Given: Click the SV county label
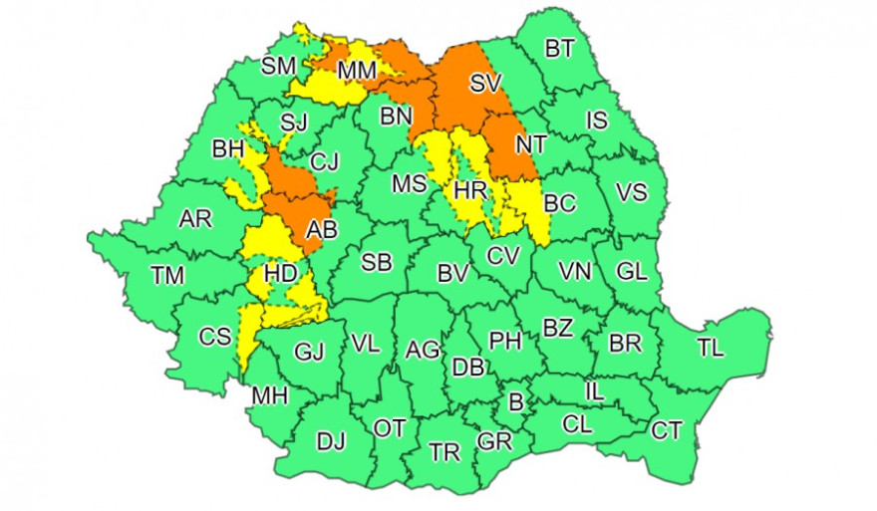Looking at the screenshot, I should click(485, 85).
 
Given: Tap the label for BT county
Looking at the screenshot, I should click(559, 48).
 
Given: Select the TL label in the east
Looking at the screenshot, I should click(711, 348).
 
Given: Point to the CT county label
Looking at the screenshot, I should click(667, 431).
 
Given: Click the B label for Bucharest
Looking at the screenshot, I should click(515, 403).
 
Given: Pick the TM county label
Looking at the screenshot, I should click(166, 276).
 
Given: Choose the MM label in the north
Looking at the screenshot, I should click(355, 71).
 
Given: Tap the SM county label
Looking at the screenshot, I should click(279, 67).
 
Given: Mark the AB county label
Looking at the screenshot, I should click(322, 231).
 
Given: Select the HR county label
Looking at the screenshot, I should click(469, 189).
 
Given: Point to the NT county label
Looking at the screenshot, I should click(529, 144).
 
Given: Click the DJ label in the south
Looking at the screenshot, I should click(331, 439).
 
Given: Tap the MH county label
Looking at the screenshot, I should click(269, 395).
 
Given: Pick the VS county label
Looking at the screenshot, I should click(632, 192).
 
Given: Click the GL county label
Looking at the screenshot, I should click(632, 271).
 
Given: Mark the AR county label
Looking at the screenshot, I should click(195, 219).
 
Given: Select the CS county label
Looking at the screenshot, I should click(215, 337).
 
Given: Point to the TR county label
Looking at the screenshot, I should click(444, 452).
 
